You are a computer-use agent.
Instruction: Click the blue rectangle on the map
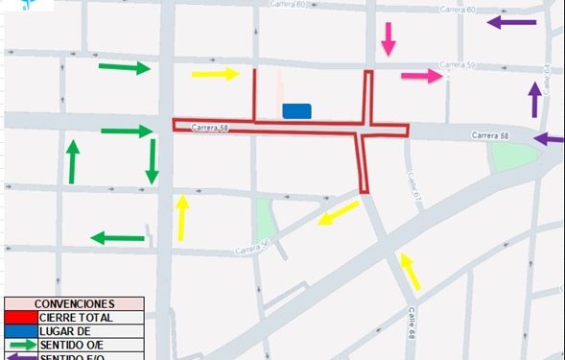[297, 111]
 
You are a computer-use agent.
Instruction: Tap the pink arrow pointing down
[388, 38]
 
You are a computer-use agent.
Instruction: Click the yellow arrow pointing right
[215, 73]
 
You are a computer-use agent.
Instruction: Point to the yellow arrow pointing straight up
[181, 218]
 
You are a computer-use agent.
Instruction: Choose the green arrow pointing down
[152, 160]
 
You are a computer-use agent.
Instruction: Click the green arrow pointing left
[117, 238]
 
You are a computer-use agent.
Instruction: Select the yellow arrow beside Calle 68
[410, 271]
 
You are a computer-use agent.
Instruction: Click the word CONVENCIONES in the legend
[74, 304]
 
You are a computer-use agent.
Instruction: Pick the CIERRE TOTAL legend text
[76, 317]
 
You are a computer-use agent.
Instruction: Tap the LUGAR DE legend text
[63, 330]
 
